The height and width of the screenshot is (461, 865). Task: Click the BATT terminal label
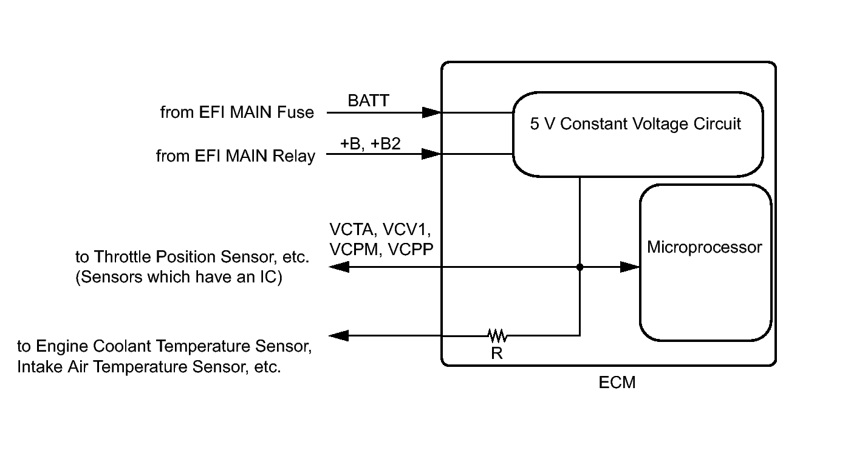[368, 101]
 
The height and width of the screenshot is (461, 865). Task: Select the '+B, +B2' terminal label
[371, 143]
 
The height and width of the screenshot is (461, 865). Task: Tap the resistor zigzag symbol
[497, 336]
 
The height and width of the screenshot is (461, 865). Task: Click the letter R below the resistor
[497, 353]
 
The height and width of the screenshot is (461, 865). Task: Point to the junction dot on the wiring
[580, 267]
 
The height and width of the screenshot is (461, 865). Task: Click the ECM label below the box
[617, 383]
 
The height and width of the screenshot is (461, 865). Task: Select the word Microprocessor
[705, 247]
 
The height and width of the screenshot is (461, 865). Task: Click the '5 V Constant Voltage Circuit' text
[635, 124]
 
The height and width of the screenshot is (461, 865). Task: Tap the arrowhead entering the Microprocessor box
[630, 267]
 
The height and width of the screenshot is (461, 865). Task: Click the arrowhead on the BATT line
[432, 113]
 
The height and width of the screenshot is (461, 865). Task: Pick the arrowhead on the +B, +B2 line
[432, 154]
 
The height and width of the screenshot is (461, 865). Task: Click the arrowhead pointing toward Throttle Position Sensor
[339, 267]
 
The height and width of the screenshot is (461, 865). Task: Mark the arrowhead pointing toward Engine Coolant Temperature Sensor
[339, 335]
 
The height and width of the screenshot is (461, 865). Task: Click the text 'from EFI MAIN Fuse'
[237, 112]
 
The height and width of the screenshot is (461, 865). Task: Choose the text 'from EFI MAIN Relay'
[236, 156]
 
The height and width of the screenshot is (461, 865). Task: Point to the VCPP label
[411, 250]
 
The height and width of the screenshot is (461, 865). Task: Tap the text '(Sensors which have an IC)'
[179, 277]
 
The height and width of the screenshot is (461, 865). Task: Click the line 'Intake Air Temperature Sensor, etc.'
[149, 367]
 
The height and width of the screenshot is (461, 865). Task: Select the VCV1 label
[406, 230]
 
